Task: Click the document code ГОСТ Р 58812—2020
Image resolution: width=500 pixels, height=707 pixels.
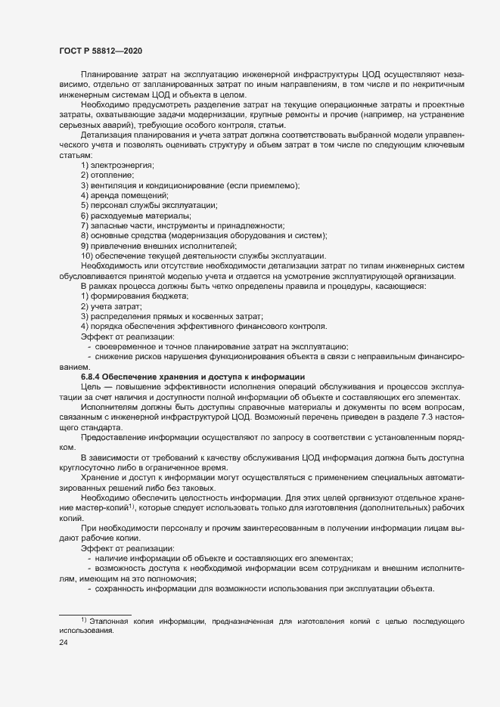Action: [100, 50]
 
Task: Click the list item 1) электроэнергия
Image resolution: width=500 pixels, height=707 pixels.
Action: [117, 164]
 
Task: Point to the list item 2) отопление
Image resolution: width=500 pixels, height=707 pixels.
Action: [108, 175]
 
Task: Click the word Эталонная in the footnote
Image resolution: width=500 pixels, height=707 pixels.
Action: [110, 621]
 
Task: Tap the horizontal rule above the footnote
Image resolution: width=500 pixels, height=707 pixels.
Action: [95, 613]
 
